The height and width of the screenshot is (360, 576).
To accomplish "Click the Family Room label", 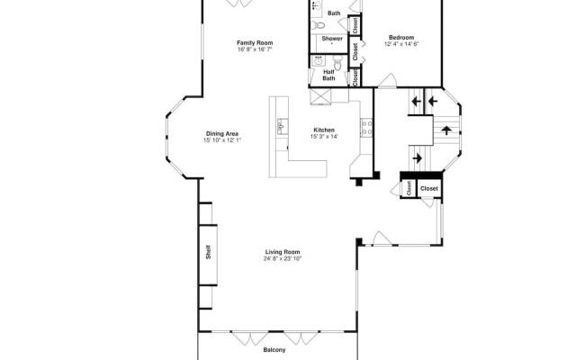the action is point(255,42).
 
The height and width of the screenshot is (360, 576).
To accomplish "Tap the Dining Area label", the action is point(222,134).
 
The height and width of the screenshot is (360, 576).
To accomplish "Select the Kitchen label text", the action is point(324,130).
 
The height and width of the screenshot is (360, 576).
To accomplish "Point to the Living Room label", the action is point(283,252).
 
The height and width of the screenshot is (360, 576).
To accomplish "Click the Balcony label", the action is point(274,350).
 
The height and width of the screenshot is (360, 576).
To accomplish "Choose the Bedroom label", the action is point(401,38).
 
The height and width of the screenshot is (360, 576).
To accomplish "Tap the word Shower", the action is point(332,38).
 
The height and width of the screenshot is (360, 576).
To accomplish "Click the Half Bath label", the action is point(328,75).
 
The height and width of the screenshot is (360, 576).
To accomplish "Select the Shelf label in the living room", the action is point(208,252).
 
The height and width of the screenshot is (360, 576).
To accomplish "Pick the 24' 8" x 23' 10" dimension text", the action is point(283,258).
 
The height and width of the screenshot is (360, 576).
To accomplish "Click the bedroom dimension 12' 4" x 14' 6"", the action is point(401,44).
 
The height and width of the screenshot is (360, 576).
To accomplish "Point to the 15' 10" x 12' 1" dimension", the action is point(222,140).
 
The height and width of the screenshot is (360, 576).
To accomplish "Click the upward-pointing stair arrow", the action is point(446,130).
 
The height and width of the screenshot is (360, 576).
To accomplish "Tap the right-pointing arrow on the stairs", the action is point(417,158).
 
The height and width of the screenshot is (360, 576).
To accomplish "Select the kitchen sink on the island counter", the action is point(283,127).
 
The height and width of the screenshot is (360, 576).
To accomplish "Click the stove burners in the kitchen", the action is point(367,128).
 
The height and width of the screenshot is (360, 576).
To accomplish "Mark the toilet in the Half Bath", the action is point(338,63).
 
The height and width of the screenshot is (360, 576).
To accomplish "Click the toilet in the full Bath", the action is point(318,25).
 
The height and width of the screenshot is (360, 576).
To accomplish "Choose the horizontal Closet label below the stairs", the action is point(429,188).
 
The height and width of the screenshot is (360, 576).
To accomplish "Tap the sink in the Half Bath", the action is point(318,61).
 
